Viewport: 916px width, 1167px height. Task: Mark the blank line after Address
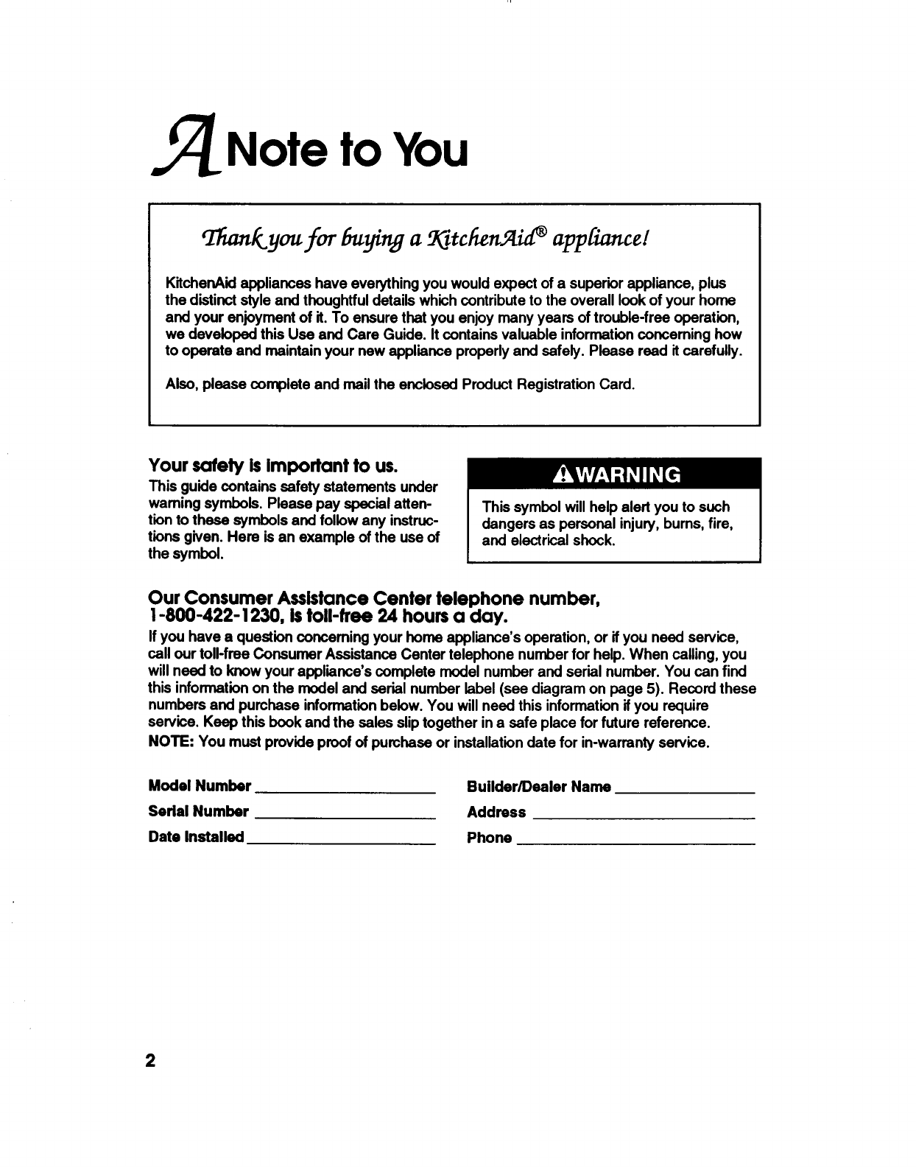pyautogui.click(x=644, y=817)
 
